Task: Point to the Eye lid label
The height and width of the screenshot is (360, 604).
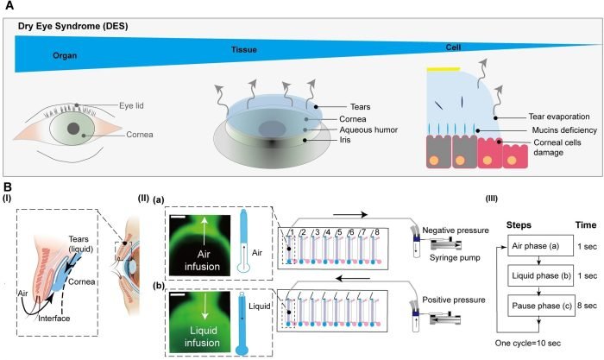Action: point(133,105)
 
